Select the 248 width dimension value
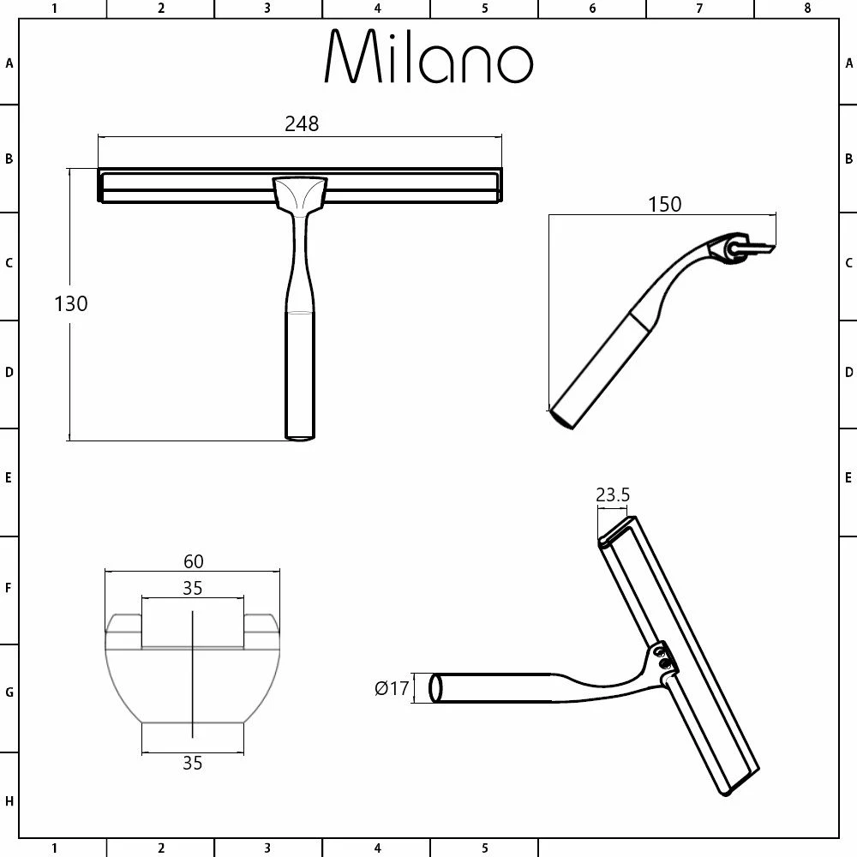coord(302,124)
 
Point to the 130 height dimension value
coord(71,303)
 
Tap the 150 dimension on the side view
coord(665,204)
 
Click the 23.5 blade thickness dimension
coord(613,494)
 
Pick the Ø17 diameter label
coord(392,688)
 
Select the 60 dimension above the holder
coord(193,561)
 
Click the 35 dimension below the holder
coord(193,763)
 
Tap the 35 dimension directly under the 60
coord(193,588)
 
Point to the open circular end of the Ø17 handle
coord(435,689)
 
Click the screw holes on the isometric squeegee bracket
coord(662,657)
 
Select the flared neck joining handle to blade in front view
coord(299,194)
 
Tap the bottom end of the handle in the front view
coord(299,436)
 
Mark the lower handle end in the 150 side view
coord(562,417)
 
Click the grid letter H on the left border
coord(9,801)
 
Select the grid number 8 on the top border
coord(806,9)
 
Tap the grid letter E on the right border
coord(848,478)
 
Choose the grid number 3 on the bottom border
coord(267,848)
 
